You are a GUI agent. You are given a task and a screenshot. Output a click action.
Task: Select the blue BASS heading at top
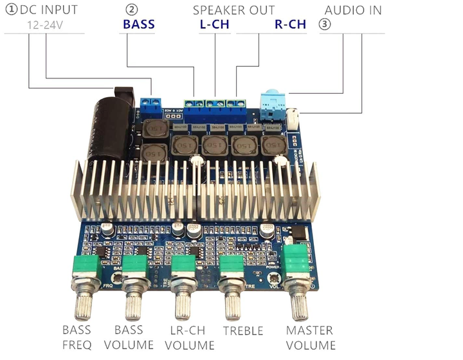pyautogui.click(x=139, y=25)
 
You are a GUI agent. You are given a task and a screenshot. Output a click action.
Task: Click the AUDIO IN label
pyautogui.click(x=353, y=10)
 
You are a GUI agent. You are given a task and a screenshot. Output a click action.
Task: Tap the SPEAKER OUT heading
pyautogui.click(x=233, y=10)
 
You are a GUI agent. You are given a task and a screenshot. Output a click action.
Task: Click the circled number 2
pyautogui.click(x=131, y=10)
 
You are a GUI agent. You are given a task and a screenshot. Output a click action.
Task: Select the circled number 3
pyautogui.click(x=325, y=25)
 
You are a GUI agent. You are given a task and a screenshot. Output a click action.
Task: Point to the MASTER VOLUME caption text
pyautogui.click(x=310, y=337)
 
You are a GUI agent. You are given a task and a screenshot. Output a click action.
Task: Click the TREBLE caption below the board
pyautogui.click(x=243, y=331)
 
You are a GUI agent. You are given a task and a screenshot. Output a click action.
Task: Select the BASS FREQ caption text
pyautogui.click(x=77, y=337)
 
